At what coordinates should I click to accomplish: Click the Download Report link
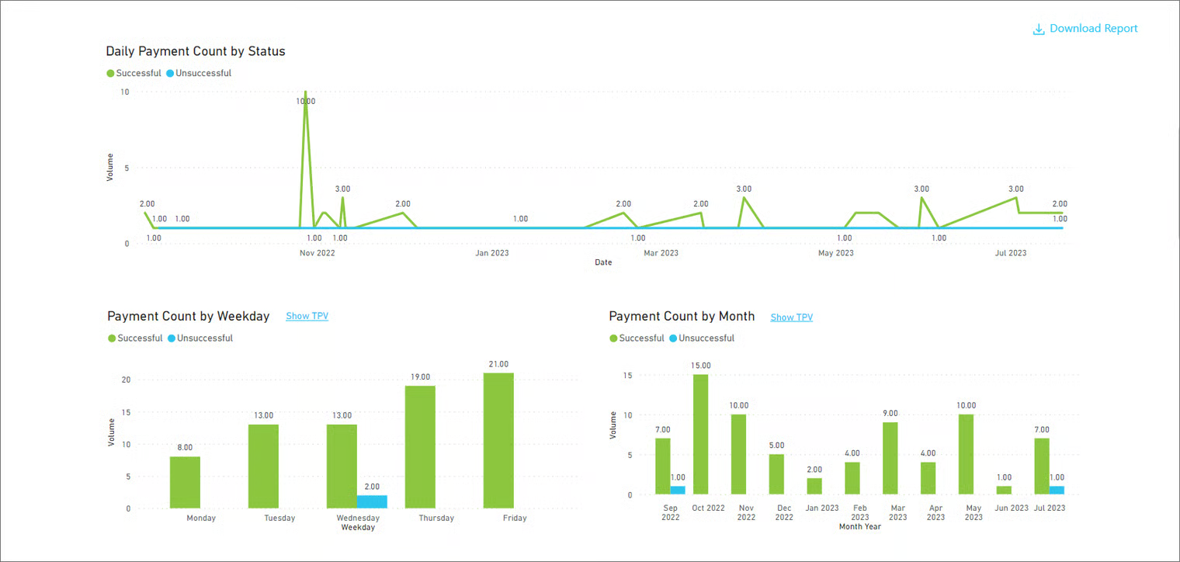click(x=1085, y=29)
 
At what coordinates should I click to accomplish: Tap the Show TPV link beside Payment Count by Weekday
click(x=307, y=316)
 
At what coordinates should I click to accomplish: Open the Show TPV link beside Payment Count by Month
click(x=791, y=317)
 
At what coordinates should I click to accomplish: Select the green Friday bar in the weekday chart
click(x=498, y=440)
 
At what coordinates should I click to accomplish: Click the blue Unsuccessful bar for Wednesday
click(x=372, y=501)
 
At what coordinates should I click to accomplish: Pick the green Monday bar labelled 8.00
click(x=185, y=483)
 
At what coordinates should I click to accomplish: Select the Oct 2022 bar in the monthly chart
click(x=700, y=435)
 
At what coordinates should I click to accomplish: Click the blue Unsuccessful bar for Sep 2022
click(x=678, y=491)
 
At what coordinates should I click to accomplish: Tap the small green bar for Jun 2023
click(x=1004, y=491)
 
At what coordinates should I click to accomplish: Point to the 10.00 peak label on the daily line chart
click(x=306, y=101)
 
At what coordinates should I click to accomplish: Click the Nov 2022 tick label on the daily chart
click(x=317, y=253)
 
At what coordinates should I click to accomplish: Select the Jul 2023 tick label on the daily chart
click(x=1011, y=253)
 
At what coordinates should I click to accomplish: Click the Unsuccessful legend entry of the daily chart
click(x=199, y=73)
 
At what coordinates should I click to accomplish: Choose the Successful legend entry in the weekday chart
click(x=135, y=338)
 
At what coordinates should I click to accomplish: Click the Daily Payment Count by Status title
click(x=196, y=51)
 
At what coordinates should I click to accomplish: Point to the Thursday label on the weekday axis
click(x=436, y=518)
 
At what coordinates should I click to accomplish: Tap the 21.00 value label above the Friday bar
click(x=498, y=364)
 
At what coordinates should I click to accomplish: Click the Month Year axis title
click(x=859, y=527)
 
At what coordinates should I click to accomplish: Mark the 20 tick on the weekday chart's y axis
click(x=126, y=380)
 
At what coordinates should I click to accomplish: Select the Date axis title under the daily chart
click(x=603, y=262)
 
